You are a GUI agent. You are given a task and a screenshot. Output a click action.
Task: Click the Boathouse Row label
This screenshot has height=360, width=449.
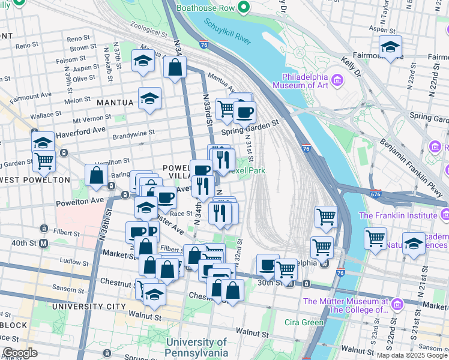[205, 7]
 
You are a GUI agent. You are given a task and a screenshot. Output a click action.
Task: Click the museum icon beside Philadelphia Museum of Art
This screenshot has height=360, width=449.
[337, 80]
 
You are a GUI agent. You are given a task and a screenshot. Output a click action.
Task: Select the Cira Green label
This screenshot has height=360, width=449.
[304, 322]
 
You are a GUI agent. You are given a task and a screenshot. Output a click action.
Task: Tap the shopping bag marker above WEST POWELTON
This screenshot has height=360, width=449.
[96, 175]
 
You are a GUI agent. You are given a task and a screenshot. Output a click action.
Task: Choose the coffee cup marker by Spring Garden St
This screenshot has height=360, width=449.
[244, 112]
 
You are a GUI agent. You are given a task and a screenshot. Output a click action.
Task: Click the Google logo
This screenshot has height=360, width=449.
[20, 353]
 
